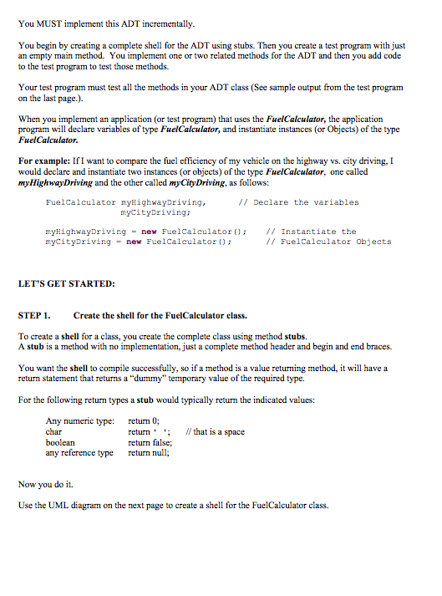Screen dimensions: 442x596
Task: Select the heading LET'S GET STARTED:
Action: pos(66,283)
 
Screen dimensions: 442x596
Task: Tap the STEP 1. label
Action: pos(34,315)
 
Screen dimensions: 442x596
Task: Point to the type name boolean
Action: pos(60,442)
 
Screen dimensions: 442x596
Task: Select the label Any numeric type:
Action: pos(79,421)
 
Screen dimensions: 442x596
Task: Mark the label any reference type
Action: pos(79,453)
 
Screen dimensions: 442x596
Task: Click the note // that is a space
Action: pos(218,432)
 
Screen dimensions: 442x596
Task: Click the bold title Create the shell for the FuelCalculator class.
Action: pos(160,315)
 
